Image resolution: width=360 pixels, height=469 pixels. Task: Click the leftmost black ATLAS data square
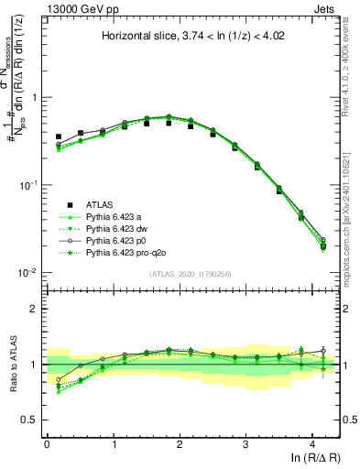click(x=58, y=136)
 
